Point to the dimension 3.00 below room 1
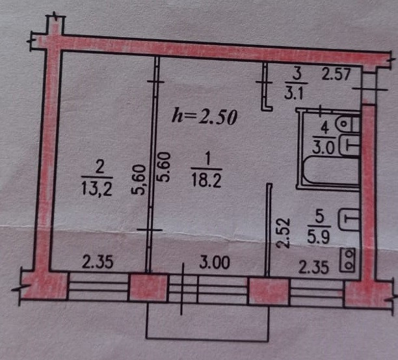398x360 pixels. [214, 264]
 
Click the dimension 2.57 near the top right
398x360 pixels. [336, 74]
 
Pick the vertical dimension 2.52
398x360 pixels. [282, 233]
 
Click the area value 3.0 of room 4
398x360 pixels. [323, 146]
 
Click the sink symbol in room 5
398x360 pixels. [350, 217]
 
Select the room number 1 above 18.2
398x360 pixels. [207, 158]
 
